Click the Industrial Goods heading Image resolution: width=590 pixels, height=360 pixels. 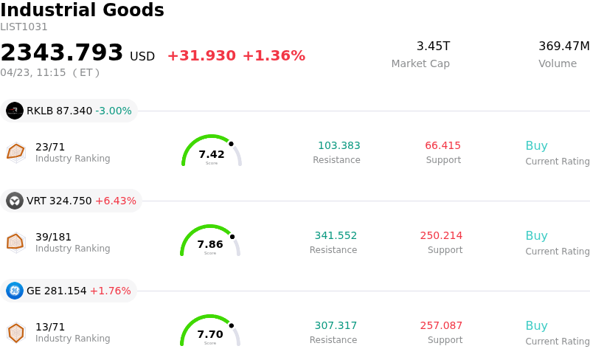coord(82,10)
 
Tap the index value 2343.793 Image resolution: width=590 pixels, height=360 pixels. coord(62,53)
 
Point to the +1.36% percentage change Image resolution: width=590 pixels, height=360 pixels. coord(274,56)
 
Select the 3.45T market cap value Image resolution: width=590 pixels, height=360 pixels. coord(433,46)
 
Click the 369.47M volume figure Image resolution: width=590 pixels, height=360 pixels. coord(563,46)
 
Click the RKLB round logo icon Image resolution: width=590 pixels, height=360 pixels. coord(15,111)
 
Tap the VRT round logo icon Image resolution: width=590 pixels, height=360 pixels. coord(15,201)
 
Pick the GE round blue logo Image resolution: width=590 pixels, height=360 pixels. coord(15,291)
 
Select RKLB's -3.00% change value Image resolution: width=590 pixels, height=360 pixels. coord(114,111)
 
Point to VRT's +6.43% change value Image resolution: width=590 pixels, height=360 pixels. coord(116,201)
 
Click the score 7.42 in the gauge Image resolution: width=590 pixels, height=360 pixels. coord(212,154)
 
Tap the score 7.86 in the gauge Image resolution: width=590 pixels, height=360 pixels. coord(210,244)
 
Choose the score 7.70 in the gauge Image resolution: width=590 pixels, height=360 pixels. coord(210,334)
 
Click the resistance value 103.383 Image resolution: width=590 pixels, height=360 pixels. coord(339,145)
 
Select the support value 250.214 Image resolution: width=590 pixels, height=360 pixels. coord(441,235)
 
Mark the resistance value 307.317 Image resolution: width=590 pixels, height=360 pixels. coord(336,325)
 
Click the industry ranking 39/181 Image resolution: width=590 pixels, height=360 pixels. coord(53,237)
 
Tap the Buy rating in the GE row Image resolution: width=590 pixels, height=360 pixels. coord(536,325)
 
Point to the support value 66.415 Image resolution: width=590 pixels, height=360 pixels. coord(442,145)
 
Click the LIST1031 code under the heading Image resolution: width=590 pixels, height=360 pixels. coord(24,27)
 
